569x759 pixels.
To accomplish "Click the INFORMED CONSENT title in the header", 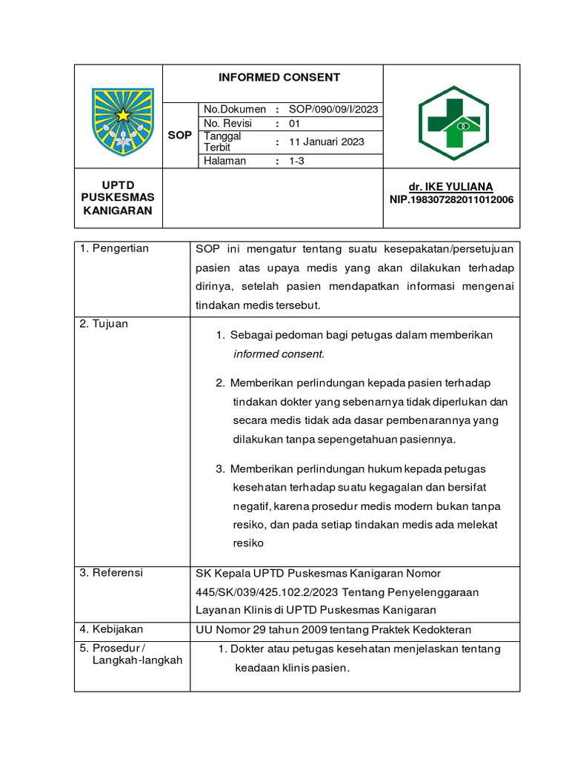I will click(279, 77).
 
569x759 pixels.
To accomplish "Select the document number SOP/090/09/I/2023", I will click(333, 109).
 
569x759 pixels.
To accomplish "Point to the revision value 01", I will click(294, 124).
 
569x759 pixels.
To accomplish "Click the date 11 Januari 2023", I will click(326, 142).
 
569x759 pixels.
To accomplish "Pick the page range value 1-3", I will click(296, 161).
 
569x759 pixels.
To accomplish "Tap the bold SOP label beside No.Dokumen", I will click(180, 136).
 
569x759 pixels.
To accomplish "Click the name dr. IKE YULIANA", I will click(450, 187).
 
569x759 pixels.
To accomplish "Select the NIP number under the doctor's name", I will click(451, 199).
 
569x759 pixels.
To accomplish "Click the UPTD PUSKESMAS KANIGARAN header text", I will click(119, 197).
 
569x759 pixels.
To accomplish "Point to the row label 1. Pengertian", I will click(115, 248).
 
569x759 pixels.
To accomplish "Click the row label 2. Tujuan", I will click(104, 324).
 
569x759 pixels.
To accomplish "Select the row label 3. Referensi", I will click(112, 573).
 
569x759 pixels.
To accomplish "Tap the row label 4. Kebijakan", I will click(112, 629).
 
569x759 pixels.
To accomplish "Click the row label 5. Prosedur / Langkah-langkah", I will click(131, 654).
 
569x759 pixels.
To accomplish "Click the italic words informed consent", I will click(279, 354).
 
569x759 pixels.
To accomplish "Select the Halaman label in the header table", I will click(224, 161).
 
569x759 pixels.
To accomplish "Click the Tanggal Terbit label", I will click(222, 142).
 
